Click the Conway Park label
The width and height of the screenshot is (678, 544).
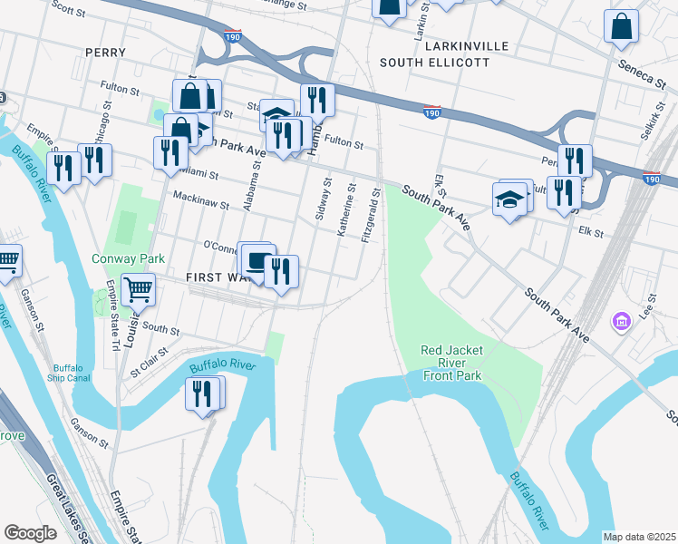[129, 258]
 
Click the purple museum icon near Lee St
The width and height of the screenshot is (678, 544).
[621, 321]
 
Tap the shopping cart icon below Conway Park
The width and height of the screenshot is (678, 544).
[139, 290]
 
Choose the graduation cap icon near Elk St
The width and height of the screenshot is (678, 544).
[510, 199]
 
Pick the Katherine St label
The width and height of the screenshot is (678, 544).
[345, 212]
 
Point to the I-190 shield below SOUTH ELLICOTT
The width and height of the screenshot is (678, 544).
[431, 111]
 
